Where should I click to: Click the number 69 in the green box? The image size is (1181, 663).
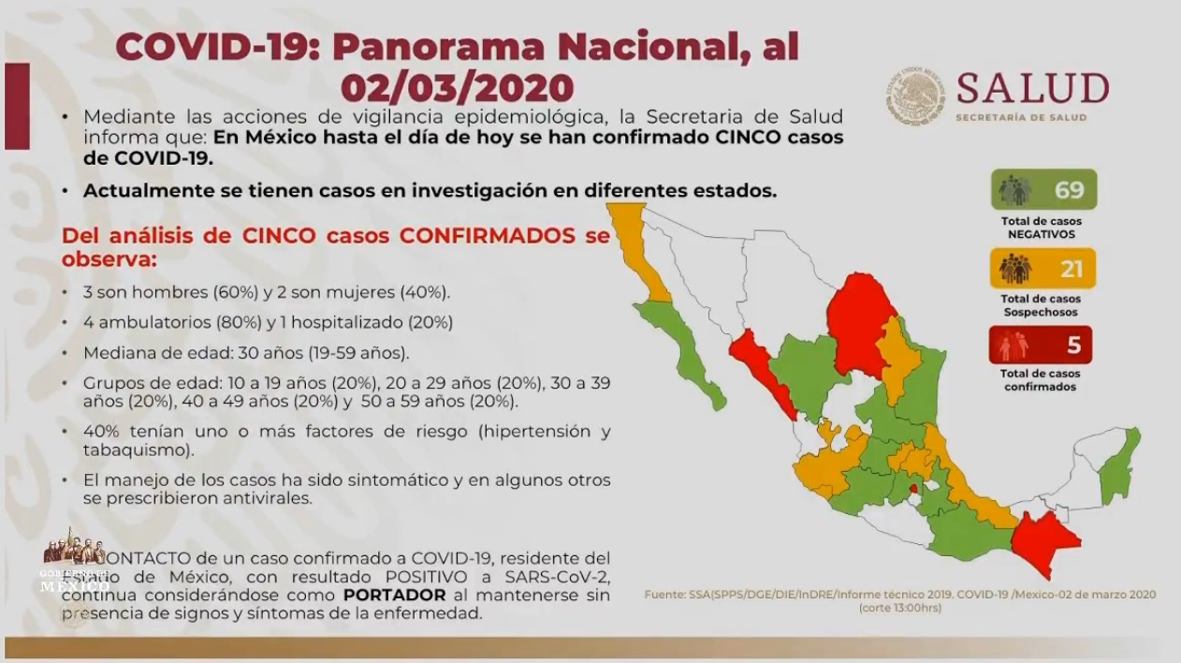pos(1069,190)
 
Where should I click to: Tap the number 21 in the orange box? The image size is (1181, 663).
pos(1071,270)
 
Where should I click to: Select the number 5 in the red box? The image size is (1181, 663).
pos(1073,345)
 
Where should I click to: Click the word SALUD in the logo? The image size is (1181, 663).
pos(1032,90)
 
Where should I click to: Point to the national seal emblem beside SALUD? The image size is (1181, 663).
pos(915,96)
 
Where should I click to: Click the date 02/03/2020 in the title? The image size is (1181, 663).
pos(457,87)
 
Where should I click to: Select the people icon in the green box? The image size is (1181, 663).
pos(1014,191)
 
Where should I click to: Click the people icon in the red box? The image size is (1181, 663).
pos(1014,346)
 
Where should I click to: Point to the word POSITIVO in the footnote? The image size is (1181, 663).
pos(336,574)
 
